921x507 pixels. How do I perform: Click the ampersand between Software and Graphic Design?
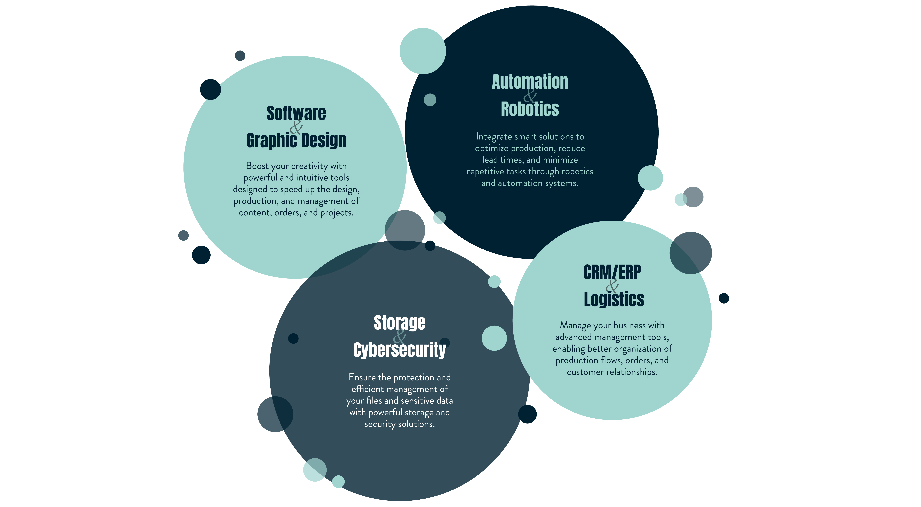296,127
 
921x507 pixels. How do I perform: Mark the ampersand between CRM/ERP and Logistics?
612,286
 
